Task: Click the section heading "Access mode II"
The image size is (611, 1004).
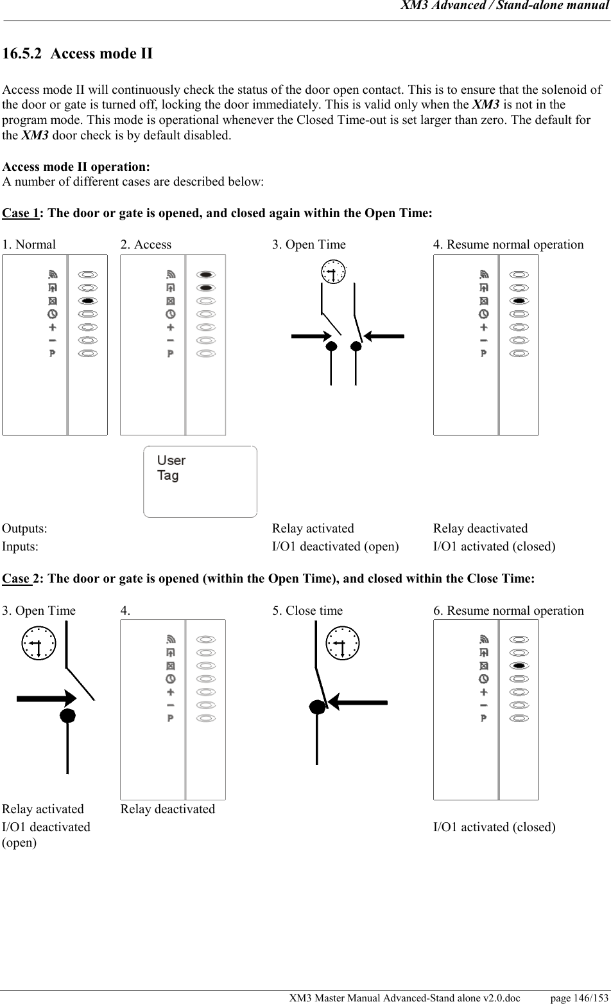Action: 101,53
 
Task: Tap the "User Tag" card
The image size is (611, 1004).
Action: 200,481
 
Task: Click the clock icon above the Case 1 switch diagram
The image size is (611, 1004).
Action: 334,272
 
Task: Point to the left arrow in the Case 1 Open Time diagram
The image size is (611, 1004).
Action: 312,336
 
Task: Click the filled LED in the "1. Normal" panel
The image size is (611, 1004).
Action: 88,301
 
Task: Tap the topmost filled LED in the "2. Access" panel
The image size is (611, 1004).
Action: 206,274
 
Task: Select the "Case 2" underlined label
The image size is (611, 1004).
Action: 17,579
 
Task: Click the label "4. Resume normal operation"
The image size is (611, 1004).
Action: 508,245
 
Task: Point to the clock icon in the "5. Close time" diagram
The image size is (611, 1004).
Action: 343,644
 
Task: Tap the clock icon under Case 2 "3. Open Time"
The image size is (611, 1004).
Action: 39,644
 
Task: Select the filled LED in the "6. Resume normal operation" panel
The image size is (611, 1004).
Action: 519,665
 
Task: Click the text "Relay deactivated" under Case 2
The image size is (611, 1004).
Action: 168,809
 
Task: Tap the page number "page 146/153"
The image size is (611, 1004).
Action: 579,998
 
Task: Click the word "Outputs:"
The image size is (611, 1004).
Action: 24,529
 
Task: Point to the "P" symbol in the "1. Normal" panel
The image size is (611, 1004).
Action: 53,353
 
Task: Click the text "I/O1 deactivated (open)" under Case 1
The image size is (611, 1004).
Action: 335,547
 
